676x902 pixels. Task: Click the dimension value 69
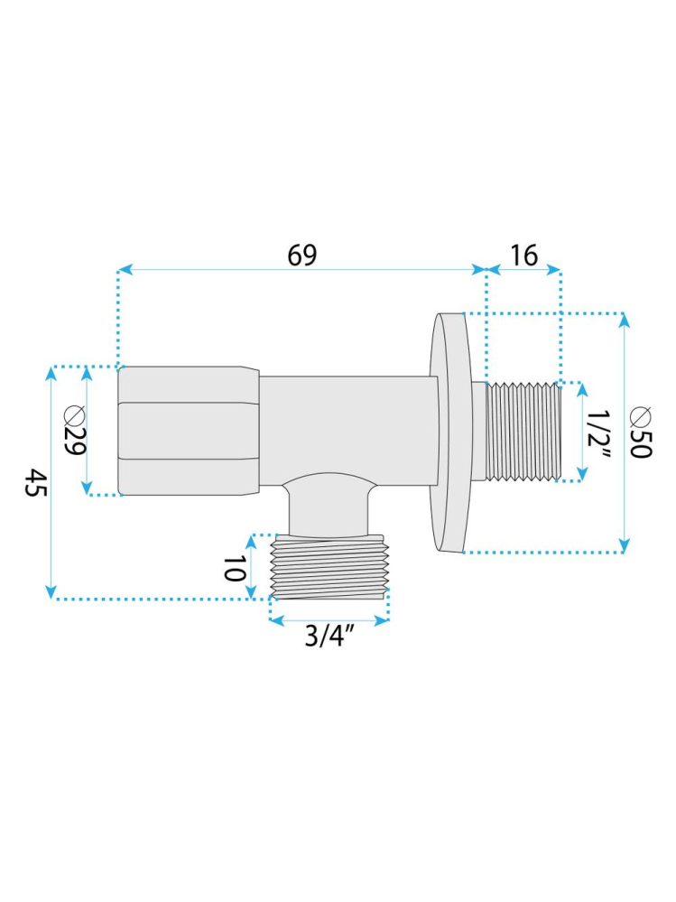[x=302, y=256]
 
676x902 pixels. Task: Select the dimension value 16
[x=523, y=256]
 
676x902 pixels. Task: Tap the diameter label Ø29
[x=74, y=432]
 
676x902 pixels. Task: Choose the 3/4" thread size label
[x=329, y=637]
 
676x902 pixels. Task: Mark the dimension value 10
[x=235, y=569]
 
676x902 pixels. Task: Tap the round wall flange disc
[x=450, y=432]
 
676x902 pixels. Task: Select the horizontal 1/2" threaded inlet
[x=523, y=431]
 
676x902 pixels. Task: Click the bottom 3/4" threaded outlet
[x=330, y=567]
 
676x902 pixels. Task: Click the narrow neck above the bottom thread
[x=329, y=510]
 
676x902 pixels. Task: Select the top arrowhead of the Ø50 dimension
[x=622, y=321]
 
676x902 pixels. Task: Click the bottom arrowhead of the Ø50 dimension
[x=622, y=544]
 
